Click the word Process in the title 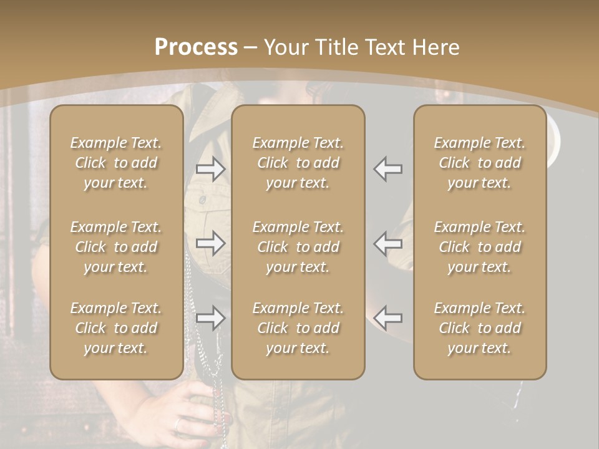196,47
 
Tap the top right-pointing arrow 210,168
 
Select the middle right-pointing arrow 210,243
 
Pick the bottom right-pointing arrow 210,318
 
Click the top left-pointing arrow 387,168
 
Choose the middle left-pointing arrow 387,243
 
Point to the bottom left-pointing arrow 387,318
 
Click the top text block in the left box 116,163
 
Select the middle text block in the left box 116,247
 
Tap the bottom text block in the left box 116,328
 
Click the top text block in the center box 298,163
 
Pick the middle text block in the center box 298,247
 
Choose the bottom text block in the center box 298,328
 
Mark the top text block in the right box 480,163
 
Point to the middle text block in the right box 480,247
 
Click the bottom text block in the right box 480,328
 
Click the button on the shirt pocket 202,200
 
